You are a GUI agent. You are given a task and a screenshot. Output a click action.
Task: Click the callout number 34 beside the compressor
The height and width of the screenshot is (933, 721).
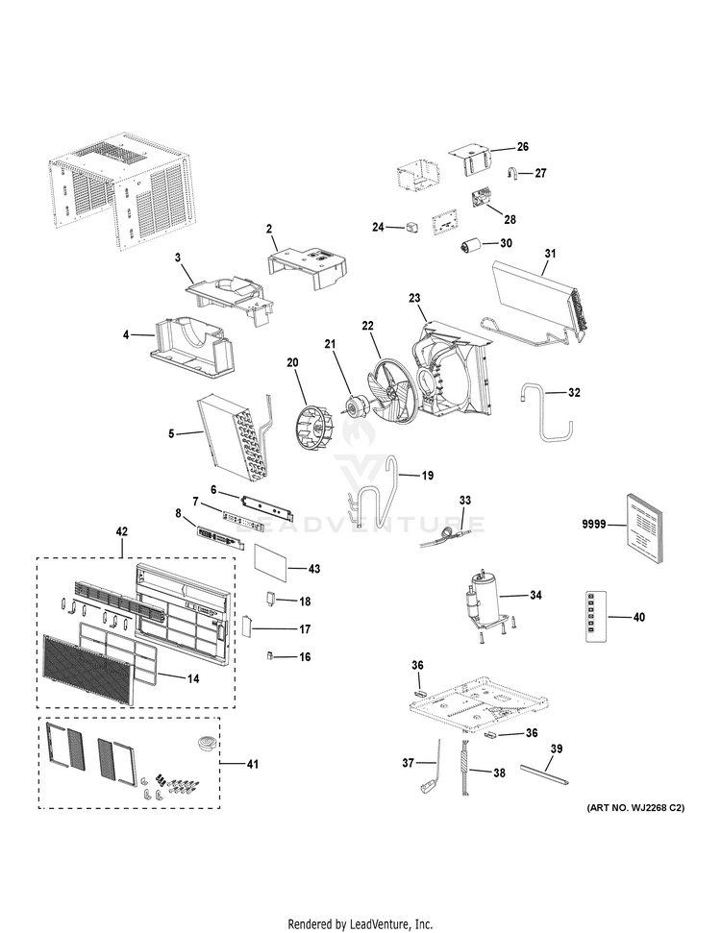[535, 596]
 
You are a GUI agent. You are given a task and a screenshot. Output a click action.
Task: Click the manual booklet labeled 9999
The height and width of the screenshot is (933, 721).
[644, 528]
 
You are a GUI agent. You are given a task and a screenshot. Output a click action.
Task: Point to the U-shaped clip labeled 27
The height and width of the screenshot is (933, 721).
[513, 174]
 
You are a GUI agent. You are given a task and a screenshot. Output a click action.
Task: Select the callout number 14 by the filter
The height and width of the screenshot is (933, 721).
[192, 677]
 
